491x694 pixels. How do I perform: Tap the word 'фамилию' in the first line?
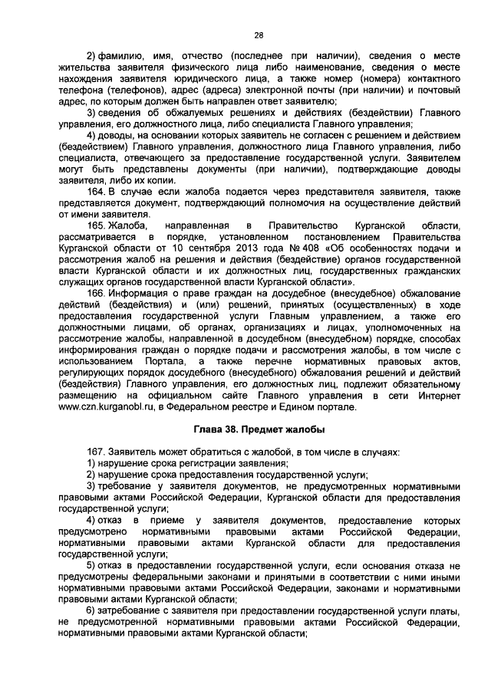117,54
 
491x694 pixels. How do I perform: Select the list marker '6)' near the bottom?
91,610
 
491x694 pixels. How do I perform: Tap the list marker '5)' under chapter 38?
91,566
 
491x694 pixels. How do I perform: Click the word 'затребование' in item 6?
130,610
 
